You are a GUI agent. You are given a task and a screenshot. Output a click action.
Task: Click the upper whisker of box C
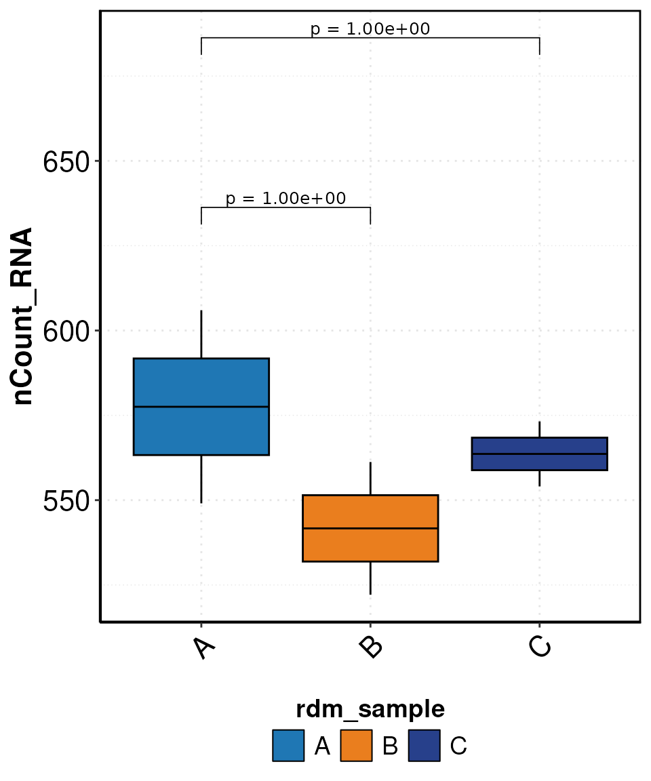pos(539,429)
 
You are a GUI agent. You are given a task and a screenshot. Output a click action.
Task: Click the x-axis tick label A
pos(203,647)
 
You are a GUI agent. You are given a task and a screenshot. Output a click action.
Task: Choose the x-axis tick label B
pos(372,647)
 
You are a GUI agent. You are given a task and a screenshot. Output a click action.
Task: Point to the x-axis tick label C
pos(540,647)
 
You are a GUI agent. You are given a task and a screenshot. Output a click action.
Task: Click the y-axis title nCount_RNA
pos(23,317)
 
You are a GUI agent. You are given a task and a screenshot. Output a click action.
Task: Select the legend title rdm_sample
pos(370,709)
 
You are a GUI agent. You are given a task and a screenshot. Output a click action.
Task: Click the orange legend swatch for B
pos(356,746)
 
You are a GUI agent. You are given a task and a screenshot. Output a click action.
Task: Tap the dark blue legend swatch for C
pos(424,746)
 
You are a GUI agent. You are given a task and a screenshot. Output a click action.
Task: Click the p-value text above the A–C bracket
pos(370,29)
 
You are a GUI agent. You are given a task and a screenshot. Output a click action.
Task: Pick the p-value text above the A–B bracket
pos(285,199)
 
